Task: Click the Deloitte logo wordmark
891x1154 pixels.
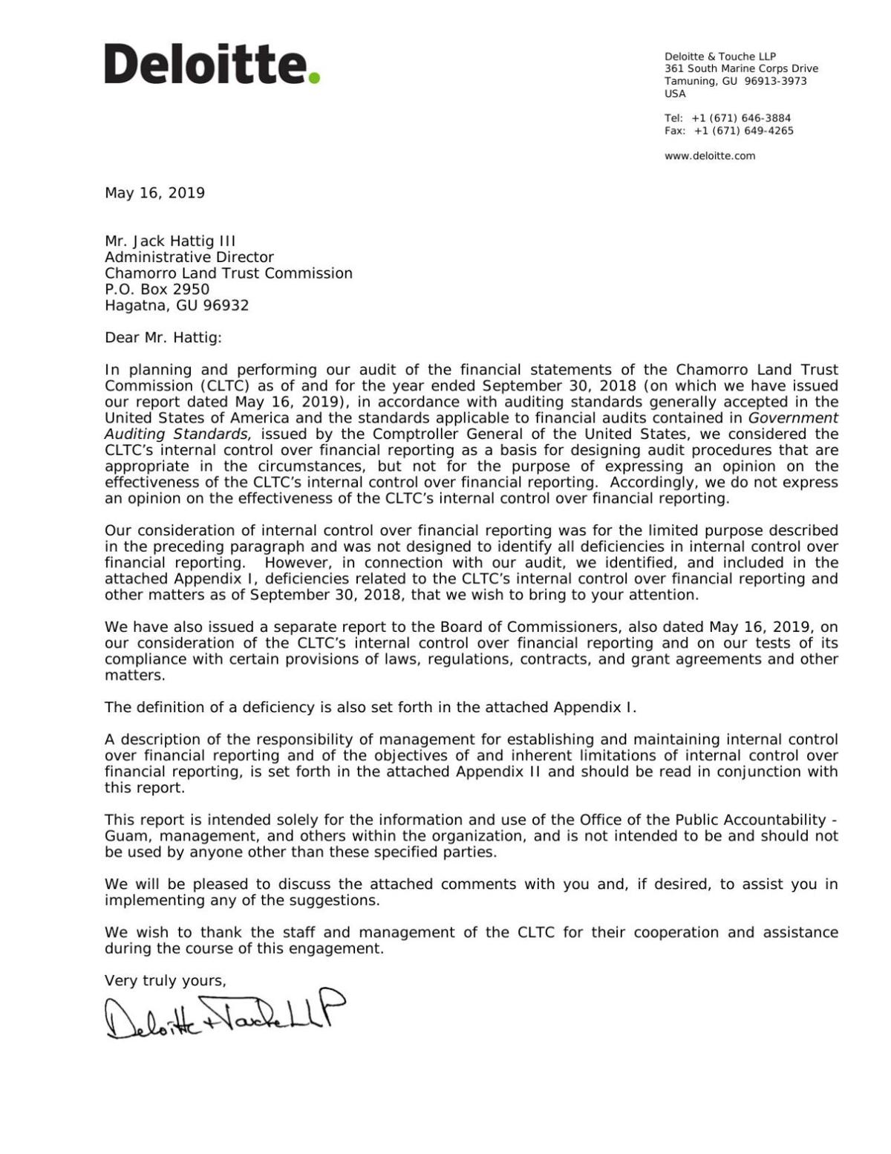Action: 205,64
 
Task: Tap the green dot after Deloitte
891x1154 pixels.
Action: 314,76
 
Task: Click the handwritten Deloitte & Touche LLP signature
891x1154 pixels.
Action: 225,1014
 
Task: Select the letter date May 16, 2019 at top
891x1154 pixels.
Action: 154,193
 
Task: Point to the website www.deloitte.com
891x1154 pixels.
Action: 709,156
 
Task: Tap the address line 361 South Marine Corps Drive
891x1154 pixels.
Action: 741,69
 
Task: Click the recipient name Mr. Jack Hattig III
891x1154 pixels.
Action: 170,241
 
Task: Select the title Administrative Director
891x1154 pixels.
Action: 189,258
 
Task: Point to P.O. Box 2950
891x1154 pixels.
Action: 157,290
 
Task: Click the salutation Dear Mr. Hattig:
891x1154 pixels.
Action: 163,338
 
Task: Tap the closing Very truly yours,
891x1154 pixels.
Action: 166,981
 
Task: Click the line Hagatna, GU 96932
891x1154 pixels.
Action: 177,306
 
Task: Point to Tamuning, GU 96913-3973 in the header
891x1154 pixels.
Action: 735,82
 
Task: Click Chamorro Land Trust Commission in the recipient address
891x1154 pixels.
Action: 229,273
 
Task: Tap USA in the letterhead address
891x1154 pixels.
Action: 675,94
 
